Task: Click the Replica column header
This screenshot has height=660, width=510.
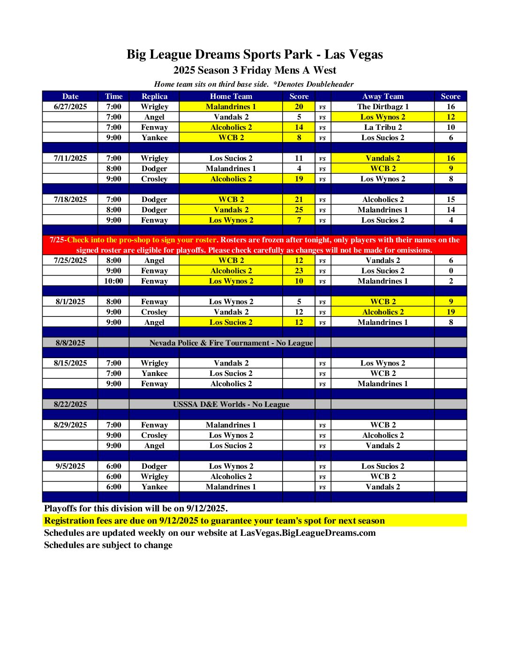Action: pyautogui.click(x=154, y=96)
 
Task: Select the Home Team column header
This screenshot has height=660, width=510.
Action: pyautogui.click(x=231, y=96)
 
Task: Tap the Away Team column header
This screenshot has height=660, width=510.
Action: pyautogui.click(x=382, y=96)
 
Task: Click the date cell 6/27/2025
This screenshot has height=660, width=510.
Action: pyautogui.click(x=70, y=106)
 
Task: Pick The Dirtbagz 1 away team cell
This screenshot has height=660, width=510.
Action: pyautogui.click(x=382, y=106)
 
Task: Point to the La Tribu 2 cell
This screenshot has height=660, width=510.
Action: pyautogui.click(x=382, y=127)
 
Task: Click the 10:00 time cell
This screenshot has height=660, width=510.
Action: pyautogui.click(x=113, y=281)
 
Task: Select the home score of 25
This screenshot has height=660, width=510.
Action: pyautogui.click(x=299, y=210)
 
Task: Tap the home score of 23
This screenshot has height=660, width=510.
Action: pyautogui.click(x=299, y=270)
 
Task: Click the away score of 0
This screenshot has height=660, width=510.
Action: pyautogui.click(x=450, y=270)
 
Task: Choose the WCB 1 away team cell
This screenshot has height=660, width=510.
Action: pyautogui.click(x=382, y=373)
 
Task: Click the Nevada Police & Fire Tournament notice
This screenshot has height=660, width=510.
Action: pyautogui.click(x=231, y=343)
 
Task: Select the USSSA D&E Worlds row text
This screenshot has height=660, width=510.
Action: pyautogui.click(x=231, y=404)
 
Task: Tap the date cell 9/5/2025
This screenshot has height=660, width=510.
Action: pyautogui.click(x=70, y=466)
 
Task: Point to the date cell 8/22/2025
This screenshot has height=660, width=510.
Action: pyautogui.click(x=70, y=404)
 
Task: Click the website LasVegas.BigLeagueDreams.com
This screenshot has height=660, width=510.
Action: pyautogui.click(x=307, y=532)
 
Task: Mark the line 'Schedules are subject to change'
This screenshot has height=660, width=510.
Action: pyautogui.click(x=108, y=545)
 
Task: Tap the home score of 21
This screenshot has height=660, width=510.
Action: pyautogui.click(x=299, y=199)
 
